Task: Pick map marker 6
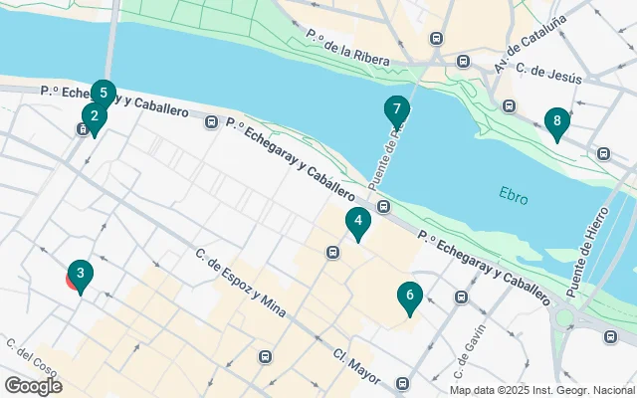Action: pos(408,297)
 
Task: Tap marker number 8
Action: pos(556,123)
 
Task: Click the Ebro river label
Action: pos(514,197)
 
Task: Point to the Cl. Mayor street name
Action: pos(356,366)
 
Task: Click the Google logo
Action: pos(33,386)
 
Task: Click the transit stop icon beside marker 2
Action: pos(83,128)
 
